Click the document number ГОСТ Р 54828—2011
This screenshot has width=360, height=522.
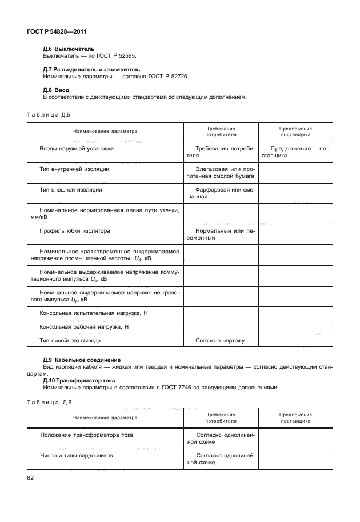[x=52, y=31]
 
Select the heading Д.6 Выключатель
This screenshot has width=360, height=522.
[x=69, y=49]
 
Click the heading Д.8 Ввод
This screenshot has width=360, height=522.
[x=56, y=90]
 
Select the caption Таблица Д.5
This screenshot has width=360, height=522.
[x=49, y=114]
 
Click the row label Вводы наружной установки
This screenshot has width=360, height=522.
[x=77, y=149]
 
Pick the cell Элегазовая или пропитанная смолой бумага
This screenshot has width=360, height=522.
[x=221, y=173]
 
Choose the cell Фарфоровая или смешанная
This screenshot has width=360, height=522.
[x=221, y=193]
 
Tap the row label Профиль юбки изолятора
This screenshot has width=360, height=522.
[x=75, y=231]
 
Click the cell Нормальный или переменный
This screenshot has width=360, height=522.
[x=221, y=234]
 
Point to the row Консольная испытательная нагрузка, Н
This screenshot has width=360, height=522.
[x=94, y=313]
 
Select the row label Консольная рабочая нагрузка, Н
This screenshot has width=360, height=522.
[x=84, y=327]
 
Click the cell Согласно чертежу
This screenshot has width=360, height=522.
[x=221, y=341]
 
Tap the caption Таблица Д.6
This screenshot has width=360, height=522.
[x=49, y=403]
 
